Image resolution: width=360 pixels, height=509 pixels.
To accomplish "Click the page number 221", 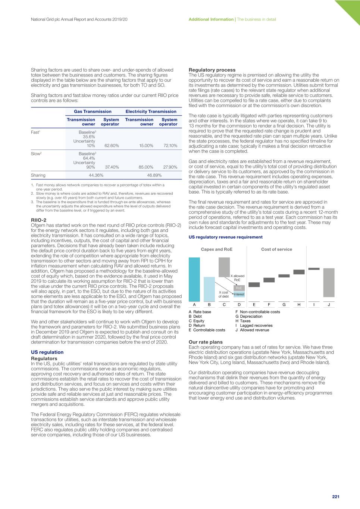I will click(x=336, y=497).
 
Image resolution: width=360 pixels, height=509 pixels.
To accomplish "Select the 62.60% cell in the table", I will click(x=112, y=146).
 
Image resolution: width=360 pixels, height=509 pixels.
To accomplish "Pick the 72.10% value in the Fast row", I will click(x=170, y=146).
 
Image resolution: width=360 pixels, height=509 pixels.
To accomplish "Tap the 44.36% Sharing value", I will click(x=96, y=175).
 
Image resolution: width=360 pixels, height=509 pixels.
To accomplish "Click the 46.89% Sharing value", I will click(x=154, y=175).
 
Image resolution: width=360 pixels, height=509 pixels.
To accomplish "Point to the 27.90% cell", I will click(x=170, y=167).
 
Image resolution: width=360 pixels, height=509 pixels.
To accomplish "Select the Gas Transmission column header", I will click(x=93, y=111).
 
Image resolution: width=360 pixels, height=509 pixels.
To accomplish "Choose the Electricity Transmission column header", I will click(x=151, y=111).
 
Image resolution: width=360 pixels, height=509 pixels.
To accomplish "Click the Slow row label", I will click(x=36, y=154).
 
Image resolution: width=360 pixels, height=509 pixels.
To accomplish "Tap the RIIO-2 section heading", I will click(x=38, y=220).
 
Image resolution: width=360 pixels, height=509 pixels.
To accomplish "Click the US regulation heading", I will click(x=47, y=352).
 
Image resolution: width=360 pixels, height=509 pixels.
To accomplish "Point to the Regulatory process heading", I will click(x=212, y=70).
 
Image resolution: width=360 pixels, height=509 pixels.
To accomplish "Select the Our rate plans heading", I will click(x=206, y=342).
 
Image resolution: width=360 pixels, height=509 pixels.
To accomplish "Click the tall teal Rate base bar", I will click(x=194, y=279).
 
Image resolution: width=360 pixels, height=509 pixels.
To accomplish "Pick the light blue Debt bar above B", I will click(x=209, y=289).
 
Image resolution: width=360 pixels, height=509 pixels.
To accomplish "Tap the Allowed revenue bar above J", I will click(x=329, y=283).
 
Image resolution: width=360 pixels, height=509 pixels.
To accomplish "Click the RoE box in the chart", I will click(x=239, y=288).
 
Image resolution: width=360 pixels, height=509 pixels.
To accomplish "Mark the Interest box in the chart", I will click(x=239, y=294).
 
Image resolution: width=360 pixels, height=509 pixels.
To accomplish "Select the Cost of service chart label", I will click(x=276, y=249).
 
